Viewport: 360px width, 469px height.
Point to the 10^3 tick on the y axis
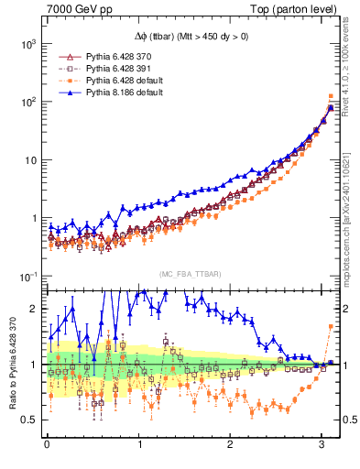(28, 44)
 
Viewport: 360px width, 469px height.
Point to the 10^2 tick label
(28, 102)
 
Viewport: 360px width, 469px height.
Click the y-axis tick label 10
(30, 160)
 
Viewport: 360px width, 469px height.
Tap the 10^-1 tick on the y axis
(28, 277)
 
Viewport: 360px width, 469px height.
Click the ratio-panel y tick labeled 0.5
(28, 420)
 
